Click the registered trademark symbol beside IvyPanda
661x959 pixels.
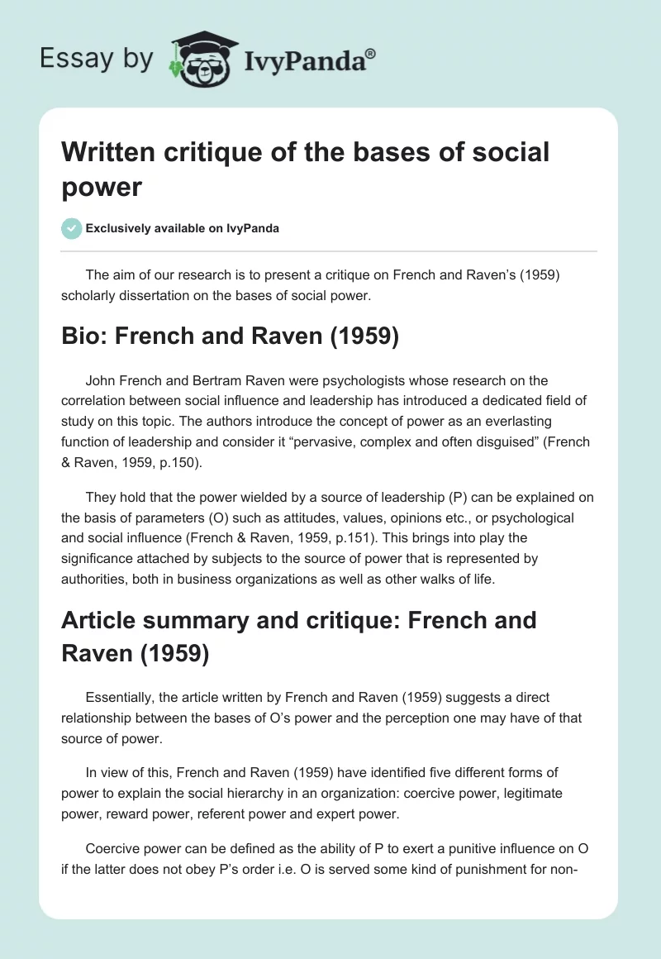tap(370, 55)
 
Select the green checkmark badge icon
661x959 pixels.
tap(71, 228)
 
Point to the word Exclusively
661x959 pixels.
tap(121, 228)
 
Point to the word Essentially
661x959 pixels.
tap(122, 698)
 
